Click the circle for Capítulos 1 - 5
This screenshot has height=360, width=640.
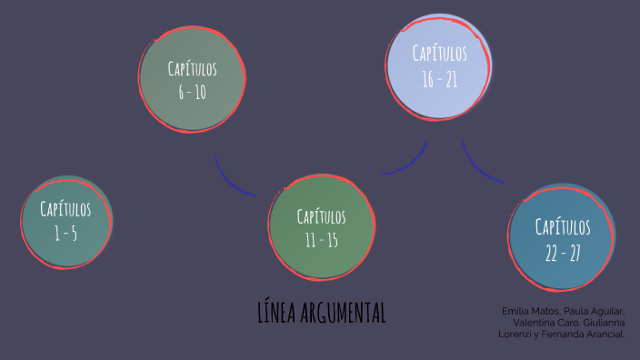[66, 221]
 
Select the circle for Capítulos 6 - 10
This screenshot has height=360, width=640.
[193, 80]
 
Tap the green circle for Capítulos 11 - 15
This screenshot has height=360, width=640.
[322, 227]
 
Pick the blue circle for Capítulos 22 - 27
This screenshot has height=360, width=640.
[562, 238]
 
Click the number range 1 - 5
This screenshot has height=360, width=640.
[65, 234]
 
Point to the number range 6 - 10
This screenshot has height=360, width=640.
[193, 92]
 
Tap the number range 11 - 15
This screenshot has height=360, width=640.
[322, 240]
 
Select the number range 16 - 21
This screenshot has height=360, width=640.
[439, 80]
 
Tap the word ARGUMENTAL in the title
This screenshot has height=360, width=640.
[343, 313]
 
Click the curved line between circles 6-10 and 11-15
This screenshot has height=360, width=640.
[231, 178]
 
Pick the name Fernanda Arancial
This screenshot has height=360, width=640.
[588, 334]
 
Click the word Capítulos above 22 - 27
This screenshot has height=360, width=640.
[563, 226]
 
